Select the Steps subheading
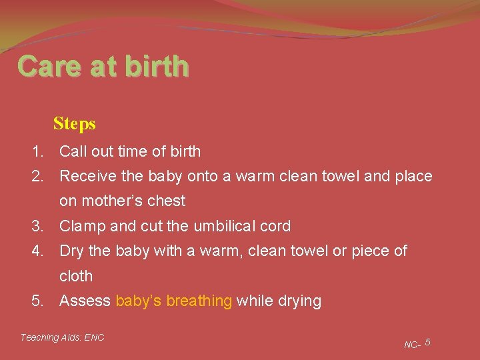[75, 124]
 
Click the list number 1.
[37, 151]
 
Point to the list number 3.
[37, 226]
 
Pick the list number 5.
[37, 301]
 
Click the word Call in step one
[72, 151]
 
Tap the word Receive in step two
[85, 177]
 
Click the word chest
[167, 201]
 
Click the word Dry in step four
[71, 251]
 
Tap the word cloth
[76, 275]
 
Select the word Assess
[85, 301]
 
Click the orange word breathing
[199, 301]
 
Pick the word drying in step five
[299, 301]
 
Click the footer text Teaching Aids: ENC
[62, 337]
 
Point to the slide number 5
[427, 342]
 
